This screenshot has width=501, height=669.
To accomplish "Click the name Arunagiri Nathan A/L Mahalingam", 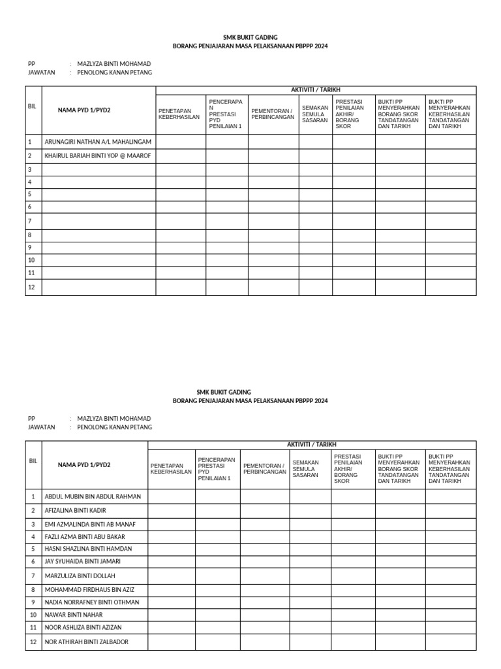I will click(98, 142).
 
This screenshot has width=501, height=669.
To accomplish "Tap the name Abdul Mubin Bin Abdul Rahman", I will click(93, 497).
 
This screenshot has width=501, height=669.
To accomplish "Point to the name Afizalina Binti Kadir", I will click(75, 510).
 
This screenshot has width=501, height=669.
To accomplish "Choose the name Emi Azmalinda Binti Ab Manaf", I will click(90, 524).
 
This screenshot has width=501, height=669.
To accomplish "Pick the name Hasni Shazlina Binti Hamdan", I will click(88, 549).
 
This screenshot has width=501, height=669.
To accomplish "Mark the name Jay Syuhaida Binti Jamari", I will click(82, 561).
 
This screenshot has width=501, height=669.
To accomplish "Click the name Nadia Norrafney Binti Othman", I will click(92, 602).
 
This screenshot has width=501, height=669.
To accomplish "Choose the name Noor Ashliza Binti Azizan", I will click(83, 627).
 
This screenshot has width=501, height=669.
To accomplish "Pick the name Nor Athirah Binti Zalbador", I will click(87, 642).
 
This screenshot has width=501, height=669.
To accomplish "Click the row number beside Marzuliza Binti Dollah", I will click(33, 576).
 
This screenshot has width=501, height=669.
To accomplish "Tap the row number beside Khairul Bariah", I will click(30, 156).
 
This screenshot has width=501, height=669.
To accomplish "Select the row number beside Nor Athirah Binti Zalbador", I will click(33, 642).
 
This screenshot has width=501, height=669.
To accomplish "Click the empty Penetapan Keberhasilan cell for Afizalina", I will click(172, 510).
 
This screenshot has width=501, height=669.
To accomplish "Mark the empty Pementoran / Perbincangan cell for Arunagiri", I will click(273, 142).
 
